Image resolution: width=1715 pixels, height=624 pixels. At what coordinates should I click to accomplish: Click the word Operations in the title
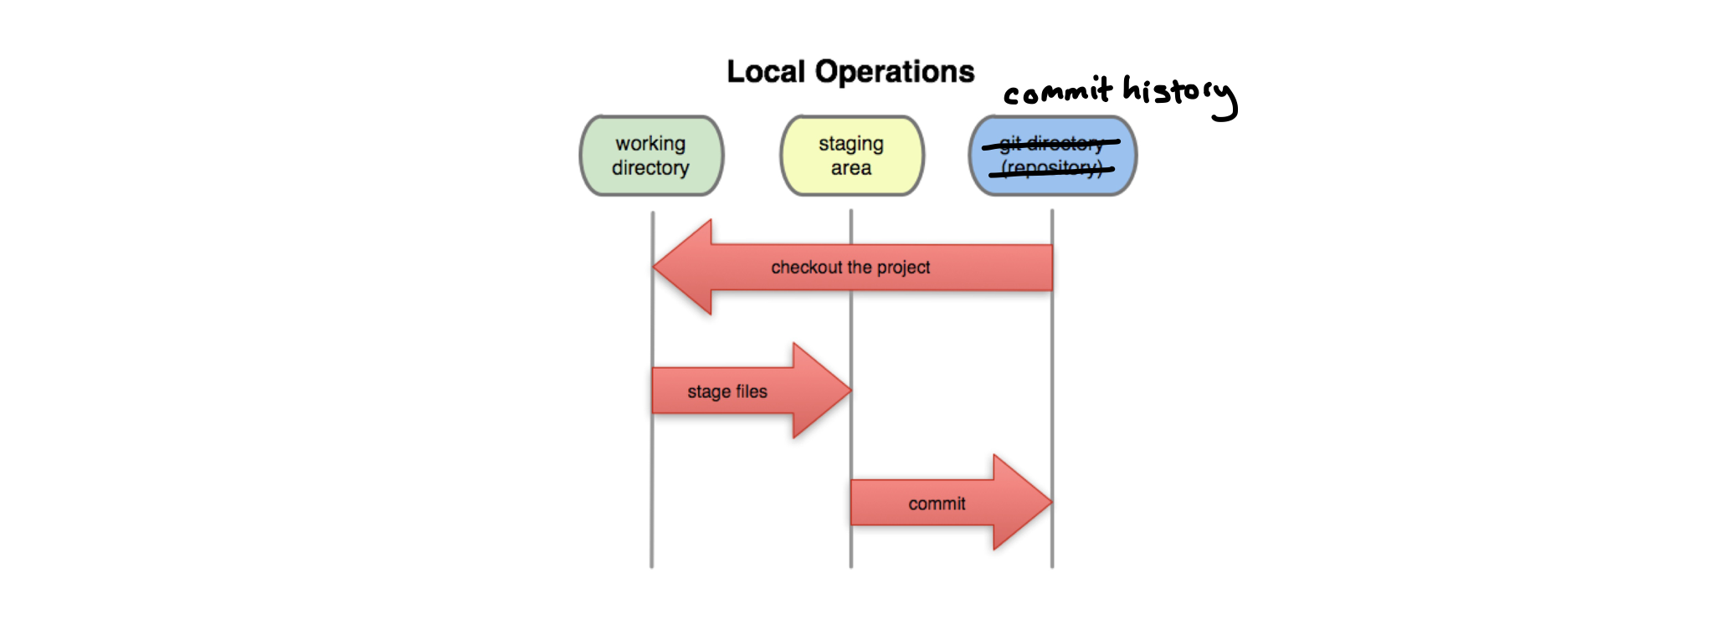click(895, 72)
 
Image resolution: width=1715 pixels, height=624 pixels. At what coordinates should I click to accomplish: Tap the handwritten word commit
click(1057, 90)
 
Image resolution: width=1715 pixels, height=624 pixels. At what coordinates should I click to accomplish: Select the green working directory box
click(651, 156)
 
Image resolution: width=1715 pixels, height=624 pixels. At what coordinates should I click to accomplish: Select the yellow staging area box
click(851, 156)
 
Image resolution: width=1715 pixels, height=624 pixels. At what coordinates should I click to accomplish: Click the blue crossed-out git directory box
click(1052, 156)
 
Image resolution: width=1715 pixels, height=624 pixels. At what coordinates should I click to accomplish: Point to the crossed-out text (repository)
click(1051, 169)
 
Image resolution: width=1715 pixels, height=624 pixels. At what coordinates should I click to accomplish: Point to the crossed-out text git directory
click(1051, 144)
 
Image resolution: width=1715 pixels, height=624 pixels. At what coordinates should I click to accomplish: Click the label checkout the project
click(850, 268)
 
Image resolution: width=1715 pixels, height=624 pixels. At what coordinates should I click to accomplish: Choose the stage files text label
click(727, 391)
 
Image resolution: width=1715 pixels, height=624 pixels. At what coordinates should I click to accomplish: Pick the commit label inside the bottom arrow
click(937, 504)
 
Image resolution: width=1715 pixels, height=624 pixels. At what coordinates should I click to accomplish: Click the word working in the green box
click(650, 144)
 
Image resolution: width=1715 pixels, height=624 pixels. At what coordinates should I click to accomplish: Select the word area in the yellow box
click(851, 168)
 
